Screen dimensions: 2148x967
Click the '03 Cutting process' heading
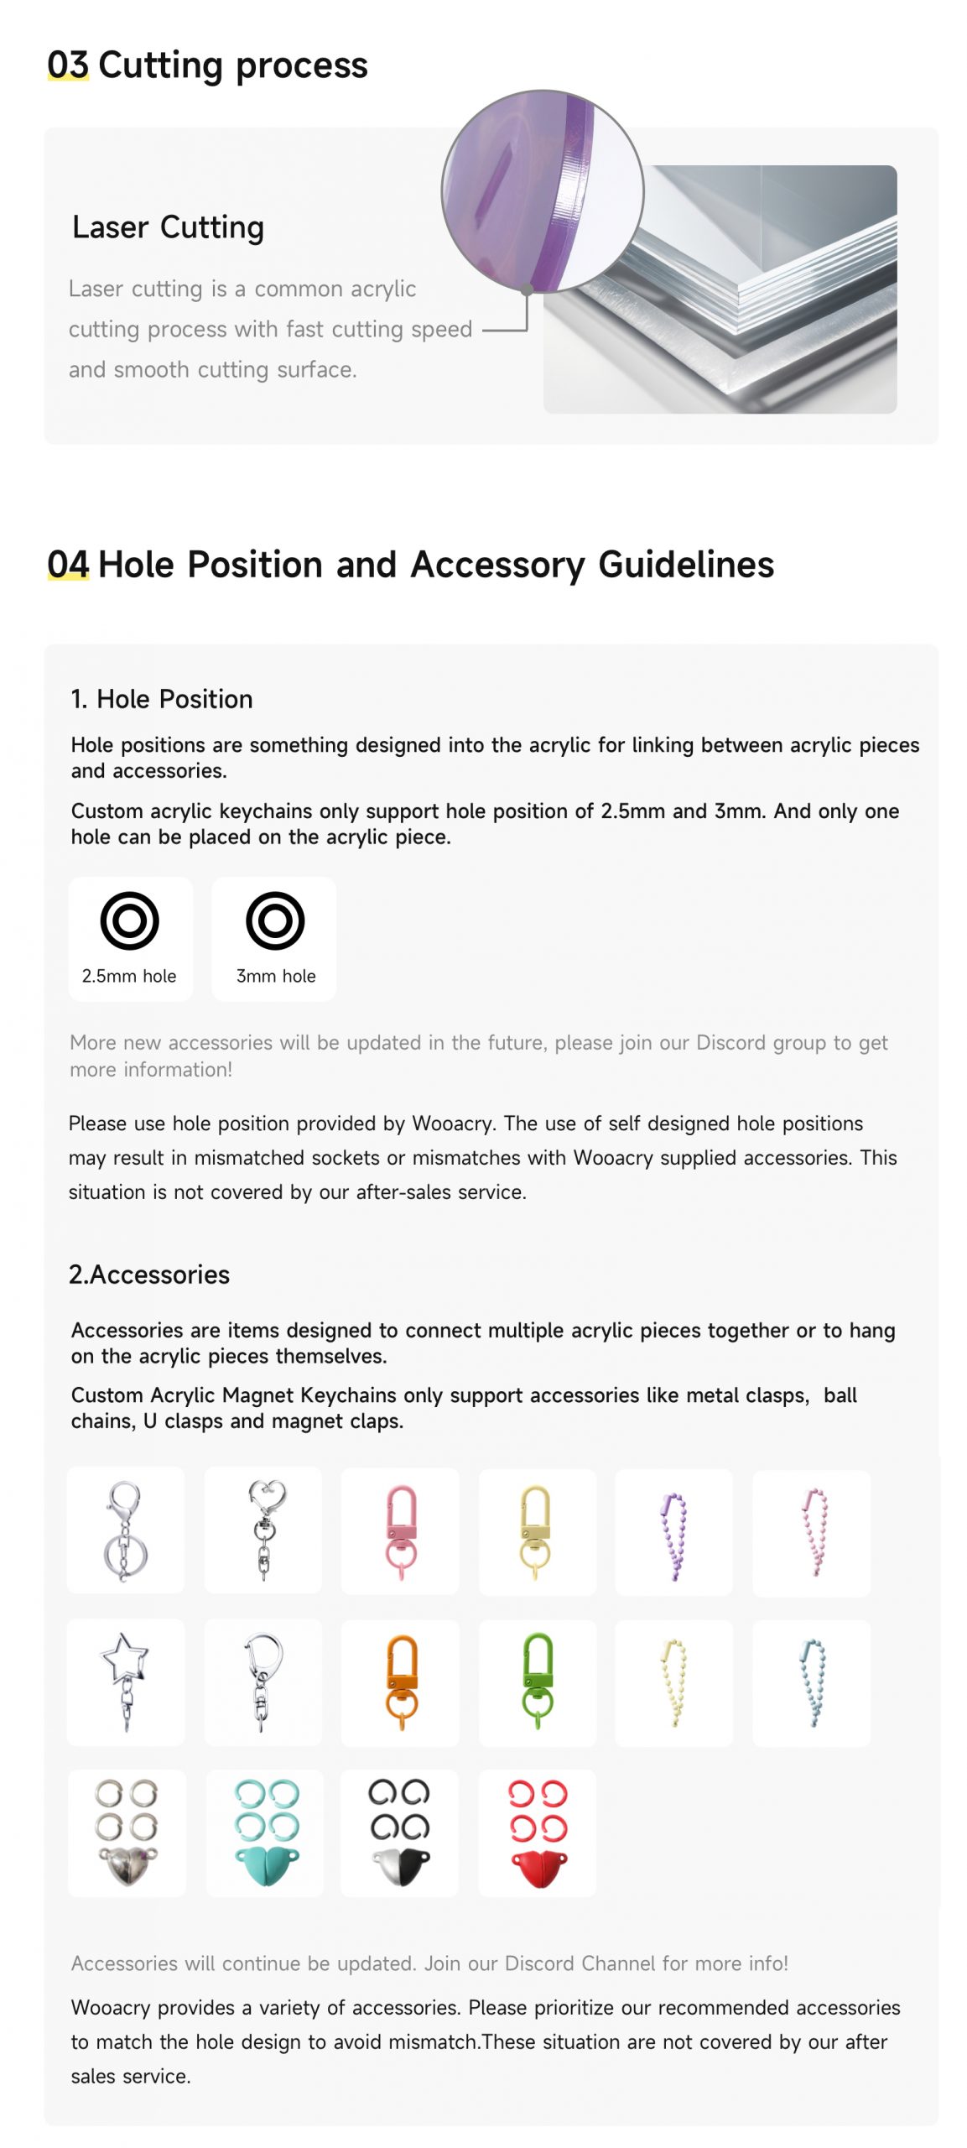pos(207,65)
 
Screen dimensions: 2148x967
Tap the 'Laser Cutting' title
pos(168,227)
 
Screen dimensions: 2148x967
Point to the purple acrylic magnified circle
pos(542,191)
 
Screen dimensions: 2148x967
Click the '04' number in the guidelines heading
pos(68,564)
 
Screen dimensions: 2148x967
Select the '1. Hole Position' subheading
pos(161,699)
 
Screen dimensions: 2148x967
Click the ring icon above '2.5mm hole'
pos(129,920)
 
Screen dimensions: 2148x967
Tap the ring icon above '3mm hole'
pos(274,920)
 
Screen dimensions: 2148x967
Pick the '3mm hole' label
pos(275,976)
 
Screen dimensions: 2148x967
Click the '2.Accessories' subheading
pos(149,1275)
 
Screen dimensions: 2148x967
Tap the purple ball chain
pos(673,1534)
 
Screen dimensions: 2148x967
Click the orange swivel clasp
pos(401,1681)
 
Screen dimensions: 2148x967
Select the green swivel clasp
pos(537,1681)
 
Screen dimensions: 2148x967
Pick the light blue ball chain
pos(812,1681)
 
